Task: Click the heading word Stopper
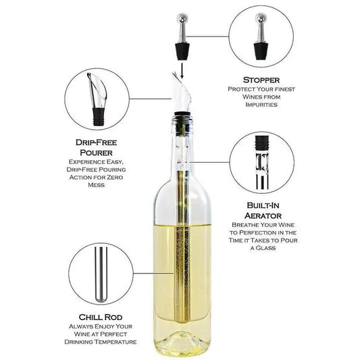coord(261,80)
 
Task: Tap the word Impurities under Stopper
coord(261,105)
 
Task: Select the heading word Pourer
coord(96,153)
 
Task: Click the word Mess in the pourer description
coord(96,185)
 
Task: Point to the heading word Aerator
coord(263,215)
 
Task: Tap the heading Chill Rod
coord(101,317)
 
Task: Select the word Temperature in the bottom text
coord(118,342)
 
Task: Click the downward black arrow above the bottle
coord(182,71)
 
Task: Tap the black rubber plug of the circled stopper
coord(261,51)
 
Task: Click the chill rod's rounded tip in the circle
coord(101,300)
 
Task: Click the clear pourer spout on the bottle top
coord(182,92)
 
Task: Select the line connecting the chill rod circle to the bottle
coord(153,274)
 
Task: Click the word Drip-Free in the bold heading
coord(96,143)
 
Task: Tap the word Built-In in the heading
coord(263,205)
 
